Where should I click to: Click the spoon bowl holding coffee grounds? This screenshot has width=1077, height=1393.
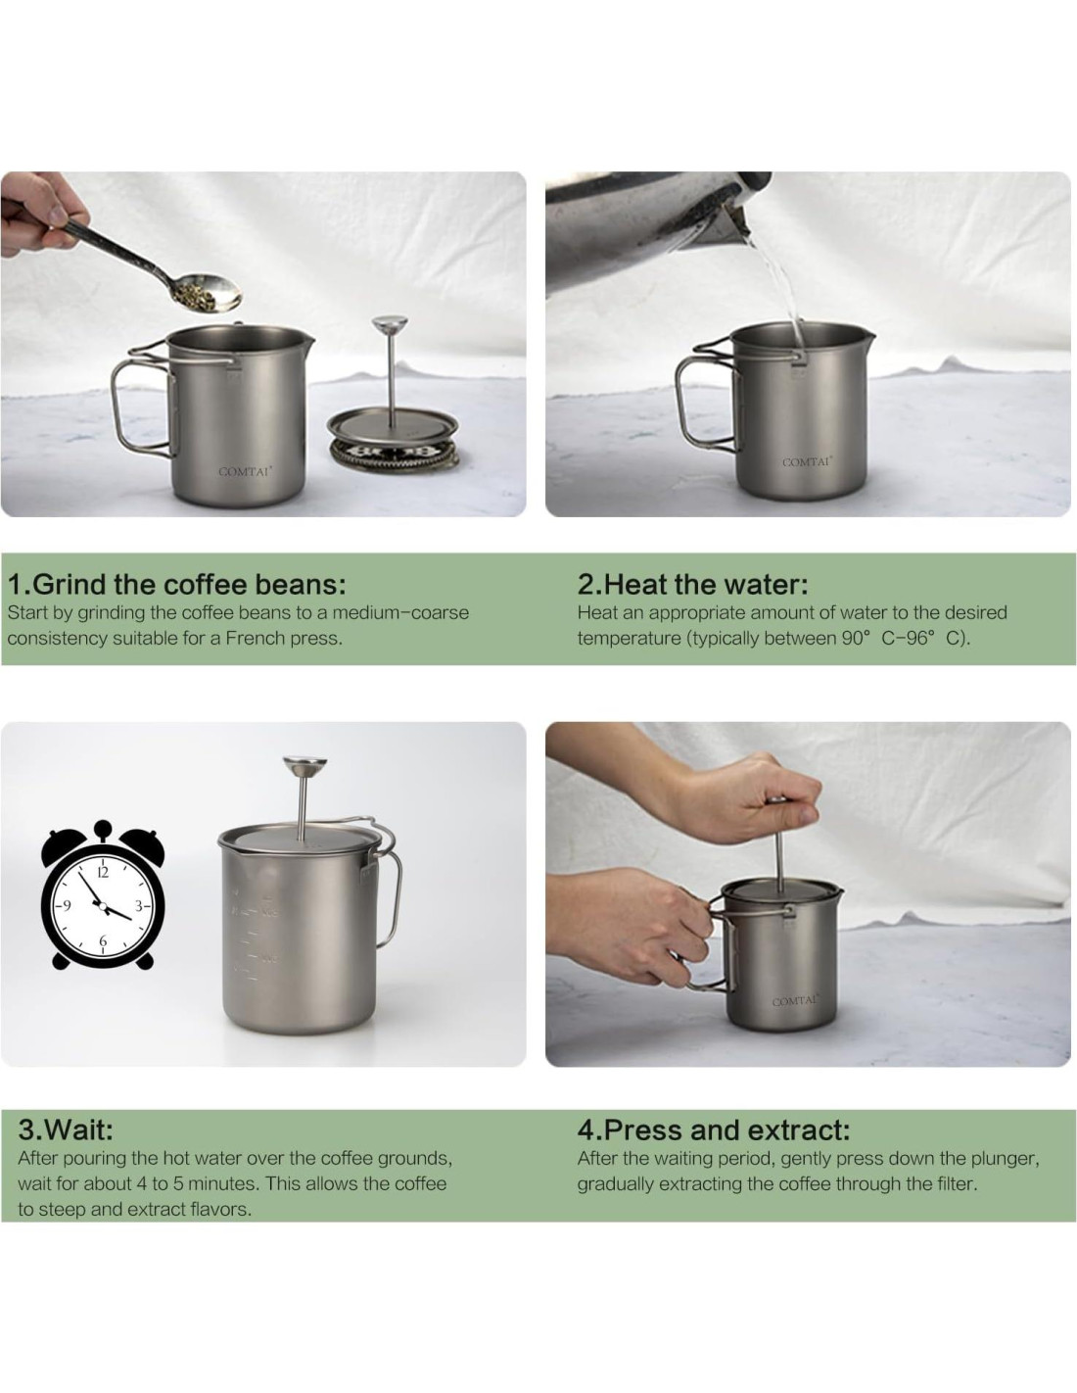point(209,292)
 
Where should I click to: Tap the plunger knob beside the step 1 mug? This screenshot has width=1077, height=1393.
point(390,322)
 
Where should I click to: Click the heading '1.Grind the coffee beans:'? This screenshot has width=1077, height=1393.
point(177,584)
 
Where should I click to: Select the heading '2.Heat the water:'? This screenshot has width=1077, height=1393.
point(692,584)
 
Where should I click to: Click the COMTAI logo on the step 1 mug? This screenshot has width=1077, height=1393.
point(245,471)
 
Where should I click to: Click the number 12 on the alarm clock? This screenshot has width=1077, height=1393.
point(103,873)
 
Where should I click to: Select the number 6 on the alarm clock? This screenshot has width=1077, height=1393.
point(103,940)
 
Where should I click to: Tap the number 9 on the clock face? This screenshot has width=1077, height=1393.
point(66,906)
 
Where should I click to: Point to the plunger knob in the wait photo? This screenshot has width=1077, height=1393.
point(304,764)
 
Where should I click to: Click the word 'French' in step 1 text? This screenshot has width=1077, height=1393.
point(255,639)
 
